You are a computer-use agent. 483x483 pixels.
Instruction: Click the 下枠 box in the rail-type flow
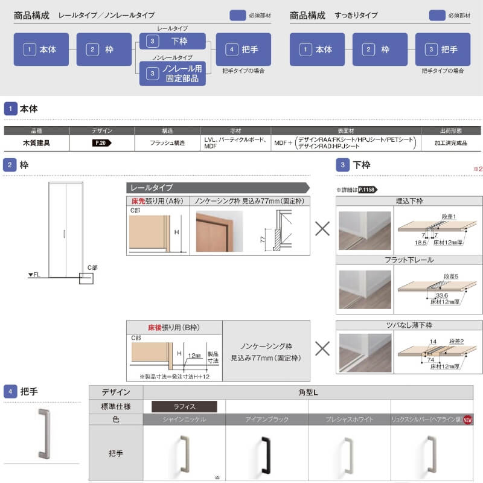click(172, 40)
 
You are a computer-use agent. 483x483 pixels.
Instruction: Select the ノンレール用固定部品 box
click(172, 74)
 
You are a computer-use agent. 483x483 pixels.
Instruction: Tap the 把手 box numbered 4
click(243, 50)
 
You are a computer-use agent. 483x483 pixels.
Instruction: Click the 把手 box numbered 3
click(443, 50)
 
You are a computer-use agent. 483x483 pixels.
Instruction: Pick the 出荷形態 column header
click(450, 130)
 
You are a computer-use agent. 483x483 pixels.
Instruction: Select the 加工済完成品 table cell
click(450, 143)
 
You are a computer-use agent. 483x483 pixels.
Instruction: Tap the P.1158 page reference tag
click(366, 190)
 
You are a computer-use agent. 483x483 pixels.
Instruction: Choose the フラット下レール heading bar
click(409, 260)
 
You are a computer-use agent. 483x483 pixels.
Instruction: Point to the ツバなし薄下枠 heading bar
click(409, 325)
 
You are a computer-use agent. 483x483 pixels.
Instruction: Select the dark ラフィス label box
click(182, 406)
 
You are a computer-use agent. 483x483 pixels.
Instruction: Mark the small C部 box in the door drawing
click(86, 278)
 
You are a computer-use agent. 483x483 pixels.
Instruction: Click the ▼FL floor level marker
click(34, 275)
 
